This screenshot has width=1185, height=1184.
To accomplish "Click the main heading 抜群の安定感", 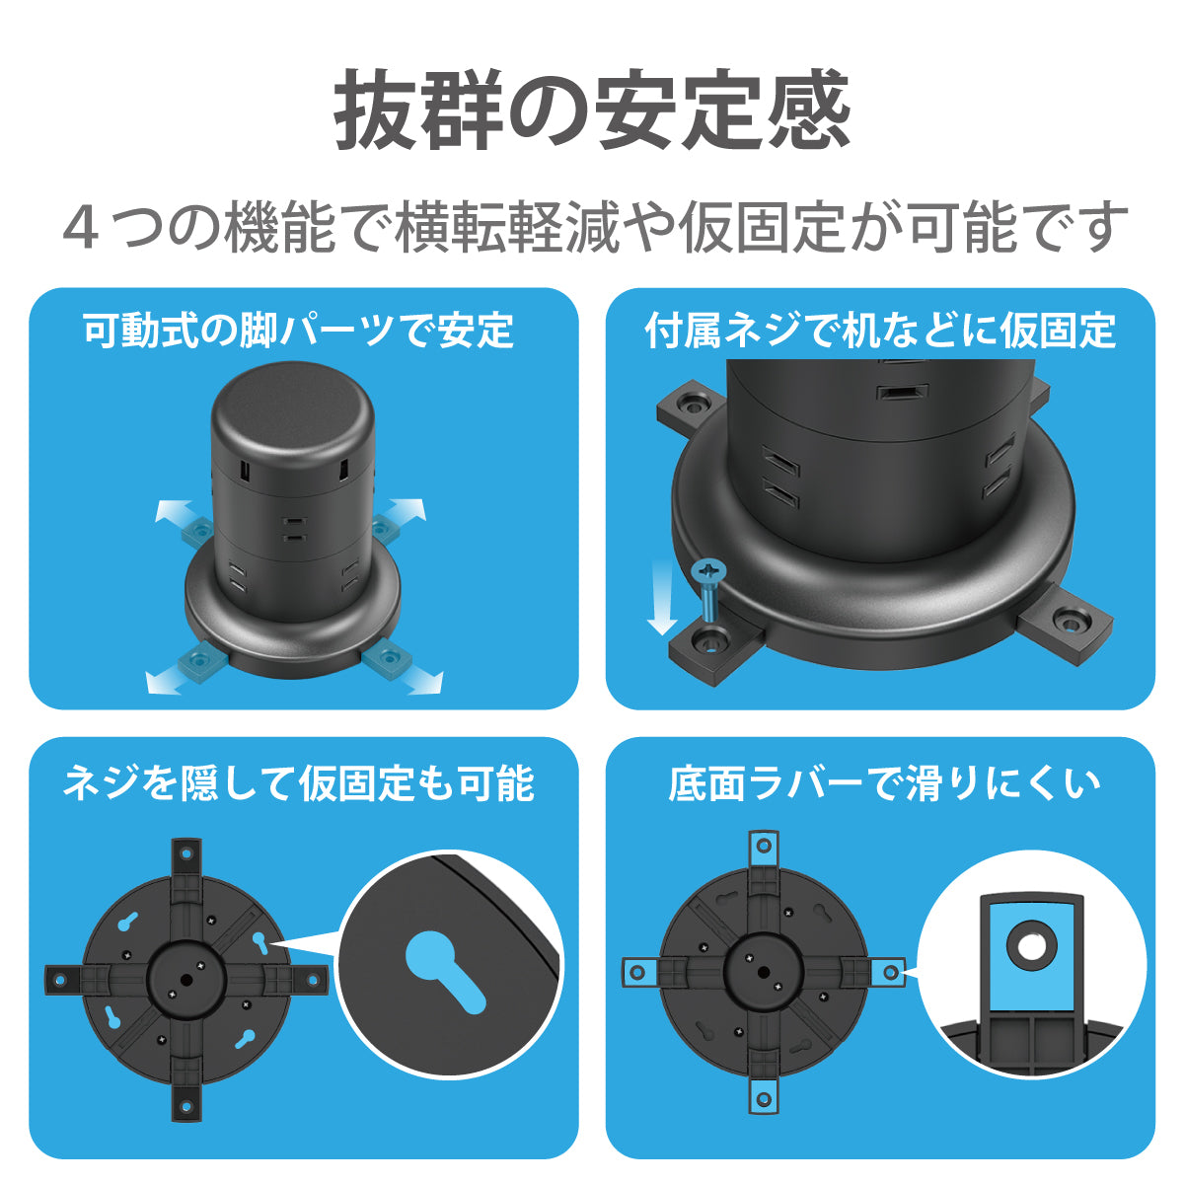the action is (x=592, y=111).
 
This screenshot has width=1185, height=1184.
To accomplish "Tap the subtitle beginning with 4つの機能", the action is (x=595, y=226).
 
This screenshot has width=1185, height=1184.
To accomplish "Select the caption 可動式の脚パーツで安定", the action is (x=299, y=331).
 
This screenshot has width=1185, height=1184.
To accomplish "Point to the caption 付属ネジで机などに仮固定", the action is (x=880, y=331).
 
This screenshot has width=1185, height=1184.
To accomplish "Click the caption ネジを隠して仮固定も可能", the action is (x=299, y=783).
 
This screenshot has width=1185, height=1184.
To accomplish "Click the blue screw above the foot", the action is (x=710, y=593).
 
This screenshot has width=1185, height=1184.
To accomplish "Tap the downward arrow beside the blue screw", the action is (x=663, y=597).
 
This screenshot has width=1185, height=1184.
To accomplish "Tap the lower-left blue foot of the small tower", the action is (x=200, y=659).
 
